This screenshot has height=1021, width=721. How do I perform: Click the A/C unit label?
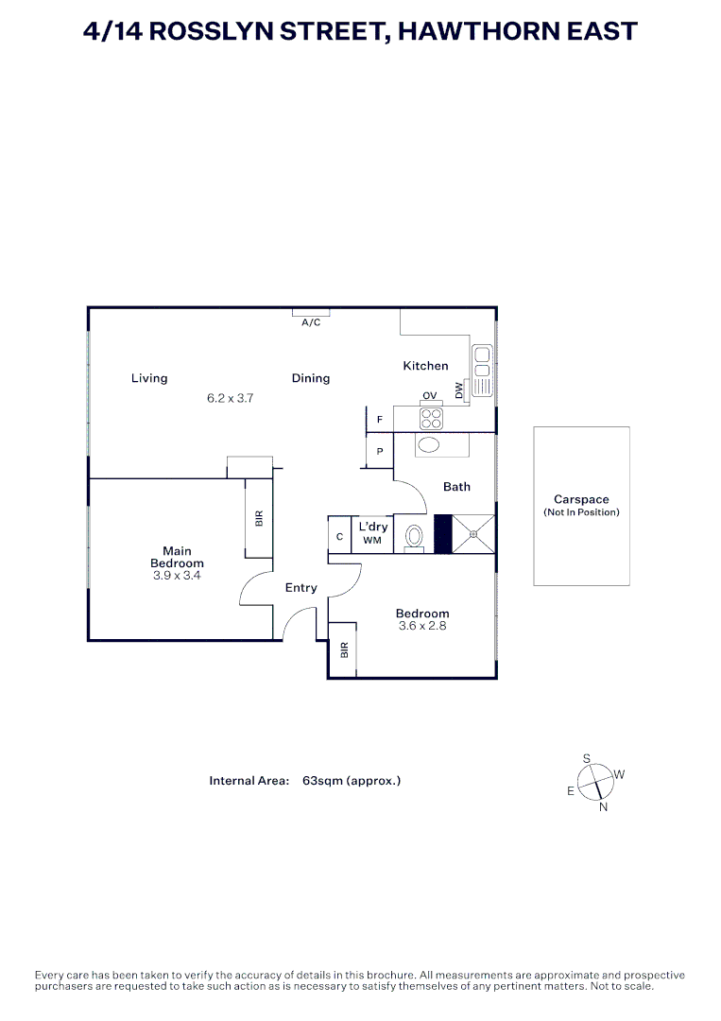[311, 322]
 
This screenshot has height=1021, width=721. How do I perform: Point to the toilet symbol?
[414, 536]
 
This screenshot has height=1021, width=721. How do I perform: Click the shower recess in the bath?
[473, 534]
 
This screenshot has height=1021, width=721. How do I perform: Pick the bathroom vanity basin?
[430, 446]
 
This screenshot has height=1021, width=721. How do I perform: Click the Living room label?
[149, 378]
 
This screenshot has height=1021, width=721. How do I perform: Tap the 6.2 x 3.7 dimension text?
[231, 399]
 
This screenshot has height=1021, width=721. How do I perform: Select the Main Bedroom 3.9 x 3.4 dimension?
[177, 575]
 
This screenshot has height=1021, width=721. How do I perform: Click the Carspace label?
[581, 499]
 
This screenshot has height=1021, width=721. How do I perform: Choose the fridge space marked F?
[380, 419]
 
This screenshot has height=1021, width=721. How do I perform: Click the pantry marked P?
[380, 452]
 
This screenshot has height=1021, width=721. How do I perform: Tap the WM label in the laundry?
[371, 541]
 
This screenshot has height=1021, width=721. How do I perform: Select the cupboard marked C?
[339, 537]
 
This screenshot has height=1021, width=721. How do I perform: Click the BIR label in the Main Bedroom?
[259, 518]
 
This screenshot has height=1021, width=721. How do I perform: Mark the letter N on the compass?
[603, 806]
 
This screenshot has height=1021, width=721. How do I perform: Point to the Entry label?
[301, 588]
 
